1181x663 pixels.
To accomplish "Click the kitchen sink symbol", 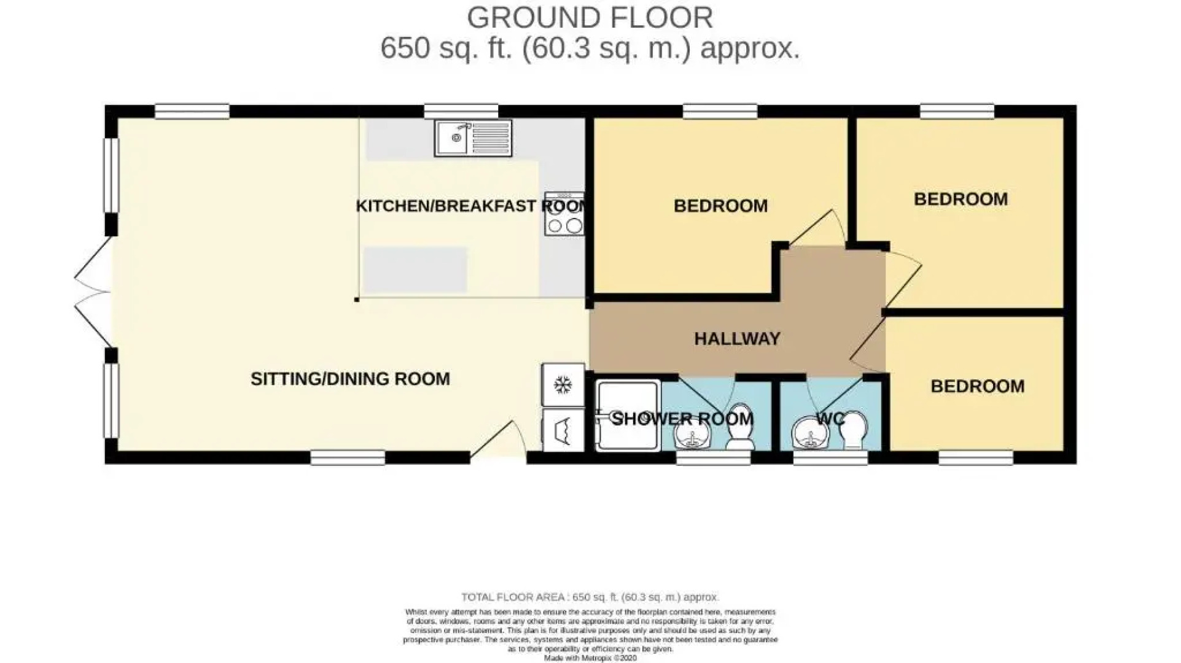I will pos(473,138).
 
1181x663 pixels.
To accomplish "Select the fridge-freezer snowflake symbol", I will pos(563,386).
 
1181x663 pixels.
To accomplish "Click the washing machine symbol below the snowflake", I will pos(563,430).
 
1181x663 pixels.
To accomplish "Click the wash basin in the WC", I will pos(811,433).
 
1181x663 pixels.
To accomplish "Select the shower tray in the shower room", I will pos(628,416).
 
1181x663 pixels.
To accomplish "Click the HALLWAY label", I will pos(737,339).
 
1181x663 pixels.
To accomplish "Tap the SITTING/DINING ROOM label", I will pos(350,379).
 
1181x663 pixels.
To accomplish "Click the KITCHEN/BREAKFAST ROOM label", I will pos(470,206).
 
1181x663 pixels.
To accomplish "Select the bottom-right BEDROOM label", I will pos(977,386).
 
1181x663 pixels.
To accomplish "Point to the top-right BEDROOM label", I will pos(961,199).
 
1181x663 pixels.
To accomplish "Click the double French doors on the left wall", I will pos(92,293).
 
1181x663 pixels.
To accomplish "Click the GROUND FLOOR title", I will pos(590,17).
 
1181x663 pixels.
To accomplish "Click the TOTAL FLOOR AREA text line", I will pos(590,597).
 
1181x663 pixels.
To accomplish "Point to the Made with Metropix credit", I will pos(590,658).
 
